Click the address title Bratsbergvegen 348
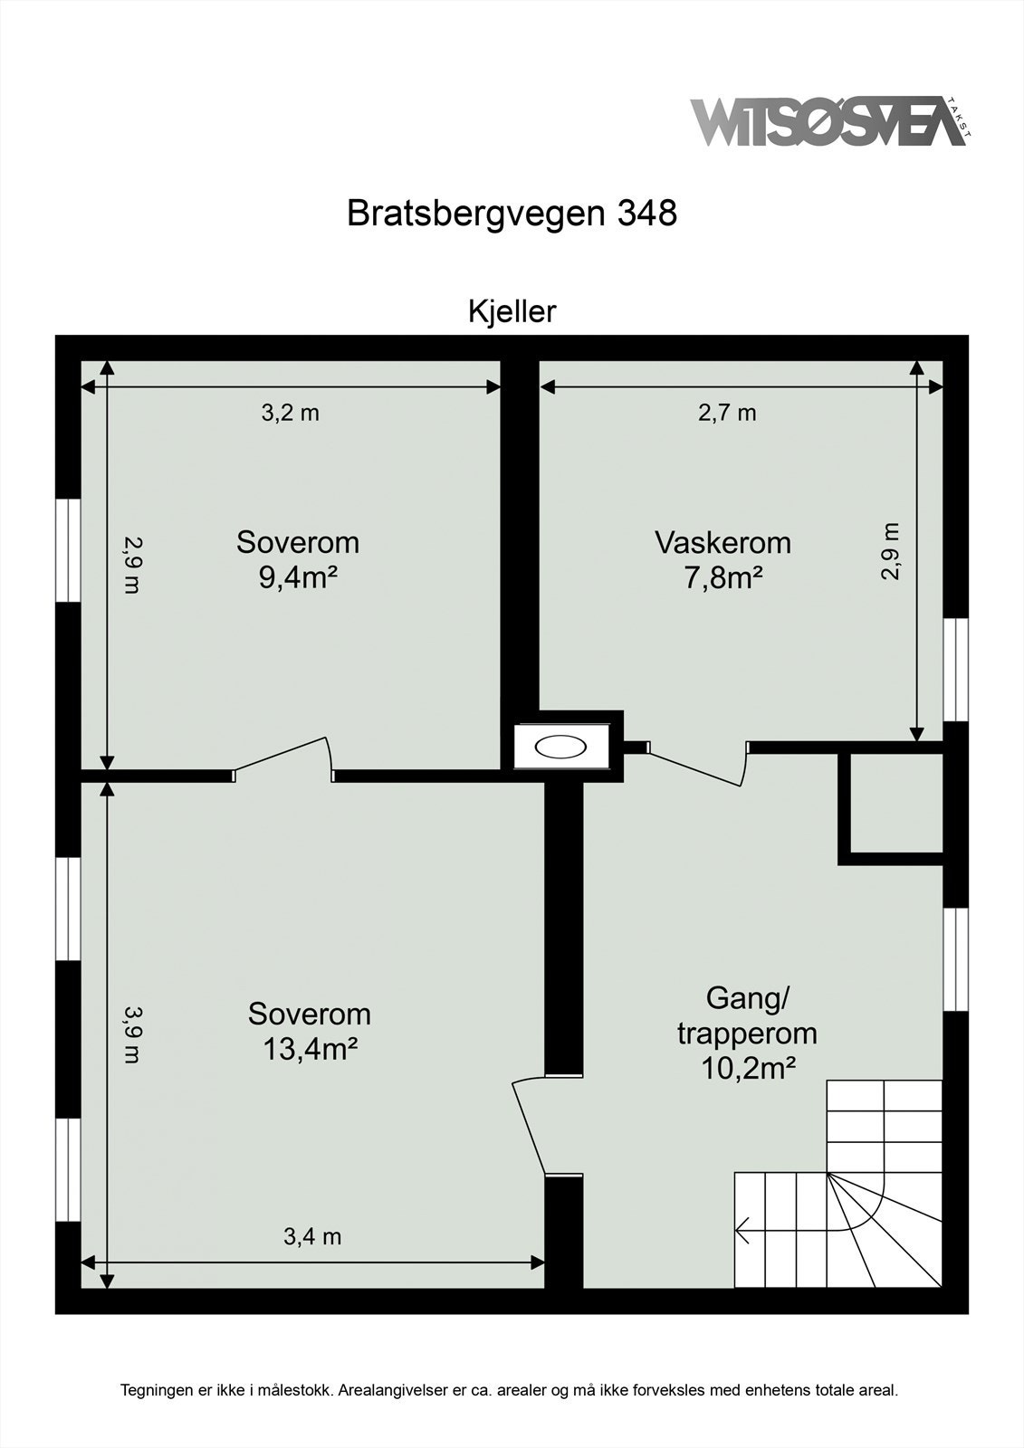[x=512, y=214]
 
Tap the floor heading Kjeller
[x=512, y=311]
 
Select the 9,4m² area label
[x=298, y=576]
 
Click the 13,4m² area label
[x=310, y=1048]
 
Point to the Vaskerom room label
[x=723, y=543]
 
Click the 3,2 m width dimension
[x=291, y=413]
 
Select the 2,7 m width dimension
[x=727, y=413]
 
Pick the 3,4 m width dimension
[x=312, y=1236]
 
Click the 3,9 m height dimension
[x=132, y=1034]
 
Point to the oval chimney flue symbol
[x=560, y=748]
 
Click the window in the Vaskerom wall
[x=955, y=669]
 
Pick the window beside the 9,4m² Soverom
[x=69, y=549]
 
